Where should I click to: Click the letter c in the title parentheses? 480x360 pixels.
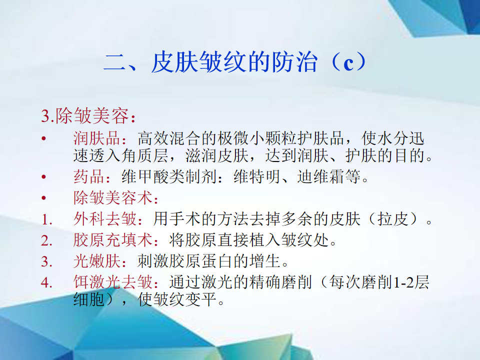pos(348,63)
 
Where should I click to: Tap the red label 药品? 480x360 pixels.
pos(89,176)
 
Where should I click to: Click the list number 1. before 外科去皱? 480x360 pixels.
pos(47,220)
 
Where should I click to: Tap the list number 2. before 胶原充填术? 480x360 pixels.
pos(47,241)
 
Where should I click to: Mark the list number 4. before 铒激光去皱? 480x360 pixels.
pos(47,282)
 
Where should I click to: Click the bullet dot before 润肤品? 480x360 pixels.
pos(44,138)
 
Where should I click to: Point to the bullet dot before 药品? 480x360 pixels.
pos(44,177)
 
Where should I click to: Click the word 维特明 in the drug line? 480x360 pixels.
pos(257,176)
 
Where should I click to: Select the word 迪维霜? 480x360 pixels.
pos(321,176)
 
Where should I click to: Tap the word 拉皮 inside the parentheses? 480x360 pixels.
pos(393,219)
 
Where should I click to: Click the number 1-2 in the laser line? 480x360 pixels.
pos(403,282)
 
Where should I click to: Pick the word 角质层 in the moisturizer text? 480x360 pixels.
pos(145,155)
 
